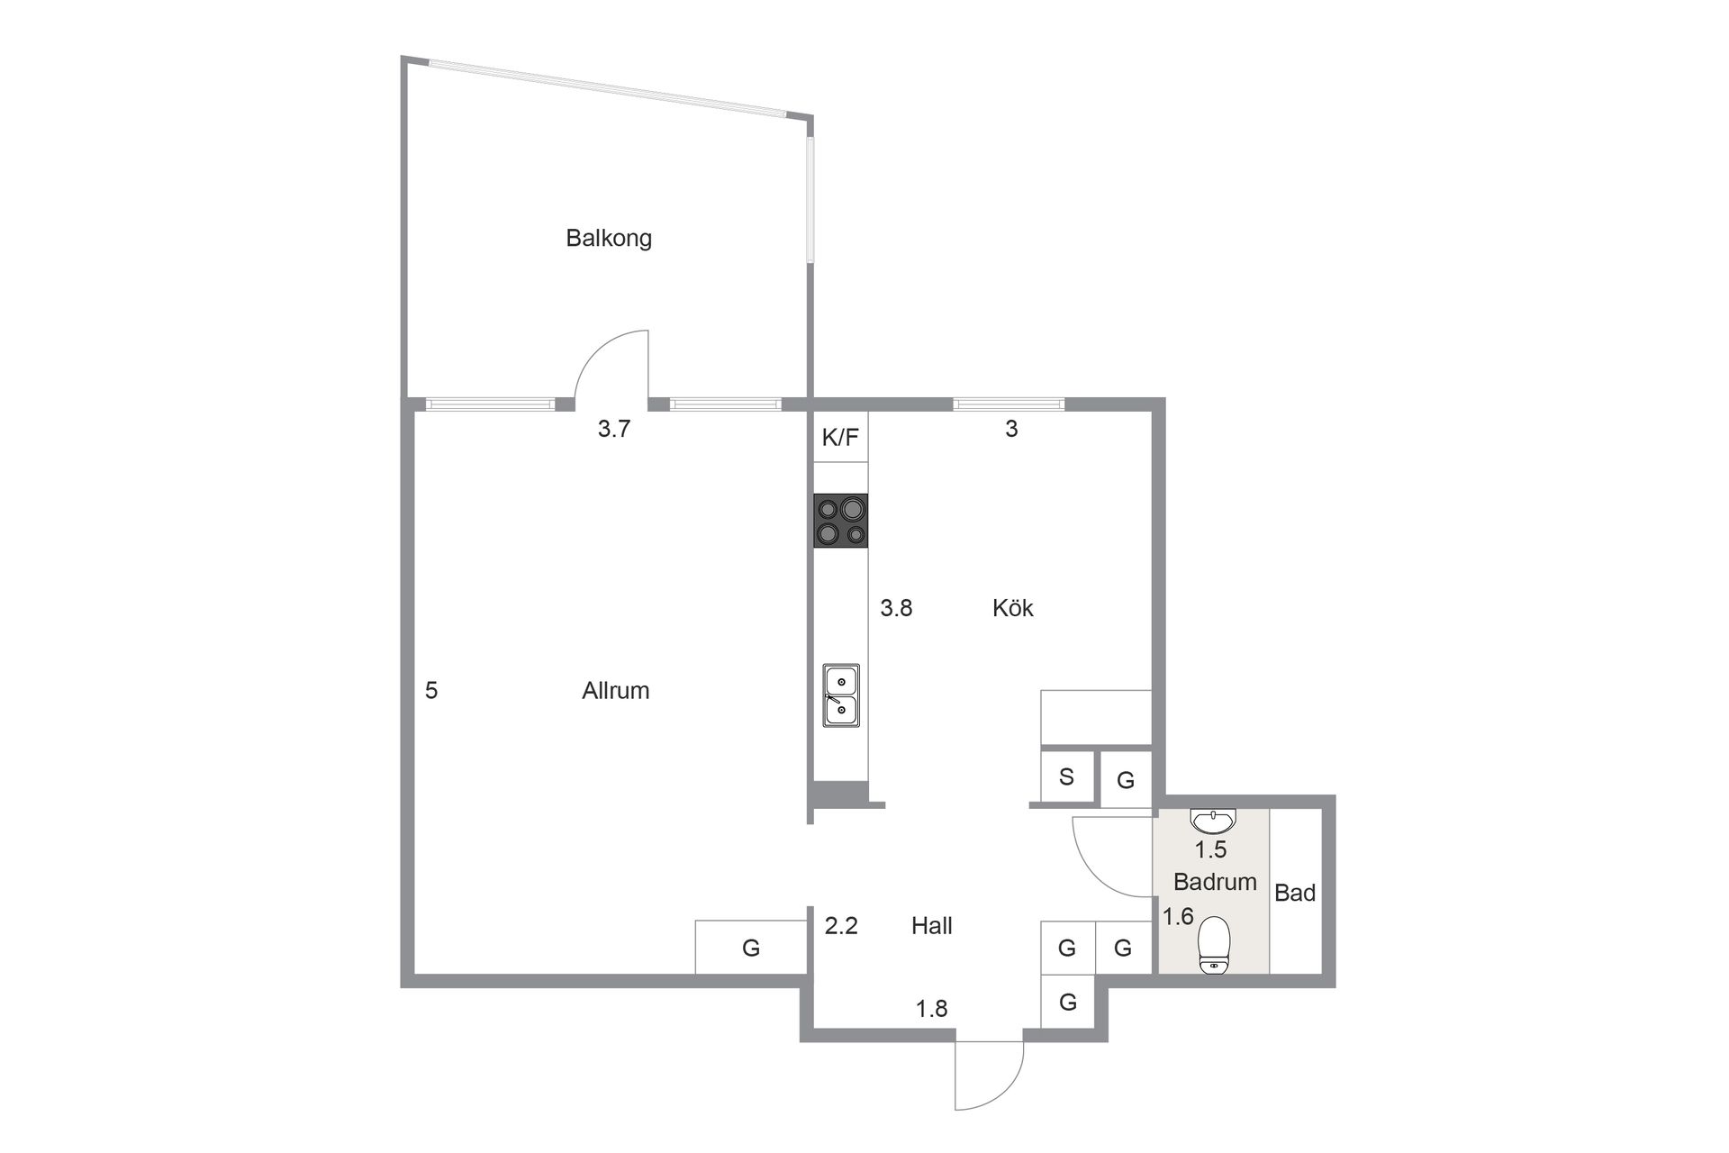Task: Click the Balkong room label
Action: click(x=609, y=239)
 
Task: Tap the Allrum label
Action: click(x=615, y=691)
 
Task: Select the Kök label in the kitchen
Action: click(x=1012, y=608)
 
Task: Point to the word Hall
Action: click(x=931, y=926)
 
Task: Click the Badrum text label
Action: click(x=1215, y=882)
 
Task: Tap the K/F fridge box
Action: click(x=840, y=439)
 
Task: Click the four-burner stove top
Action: click(x=841, y=521)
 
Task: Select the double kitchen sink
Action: click(x=841, y=695)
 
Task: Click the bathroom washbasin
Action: click(x=1213, y=820)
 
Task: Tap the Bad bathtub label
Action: click(x=1295, y=894)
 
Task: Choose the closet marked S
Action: click(x=1066, y=776)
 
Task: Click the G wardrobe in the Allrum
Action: click(x=750, y=948)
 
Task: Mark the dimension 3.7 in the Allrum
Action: click(x=614, y=430)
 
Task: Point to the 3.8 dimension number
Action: click(x=896, y=609)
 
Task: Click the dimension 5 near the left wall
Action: click(x=431, y=691)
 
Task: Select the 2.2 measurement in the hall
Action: click(x=841, y=926)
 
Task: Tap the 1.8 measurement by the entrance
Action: click(x=932, y=1009)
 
